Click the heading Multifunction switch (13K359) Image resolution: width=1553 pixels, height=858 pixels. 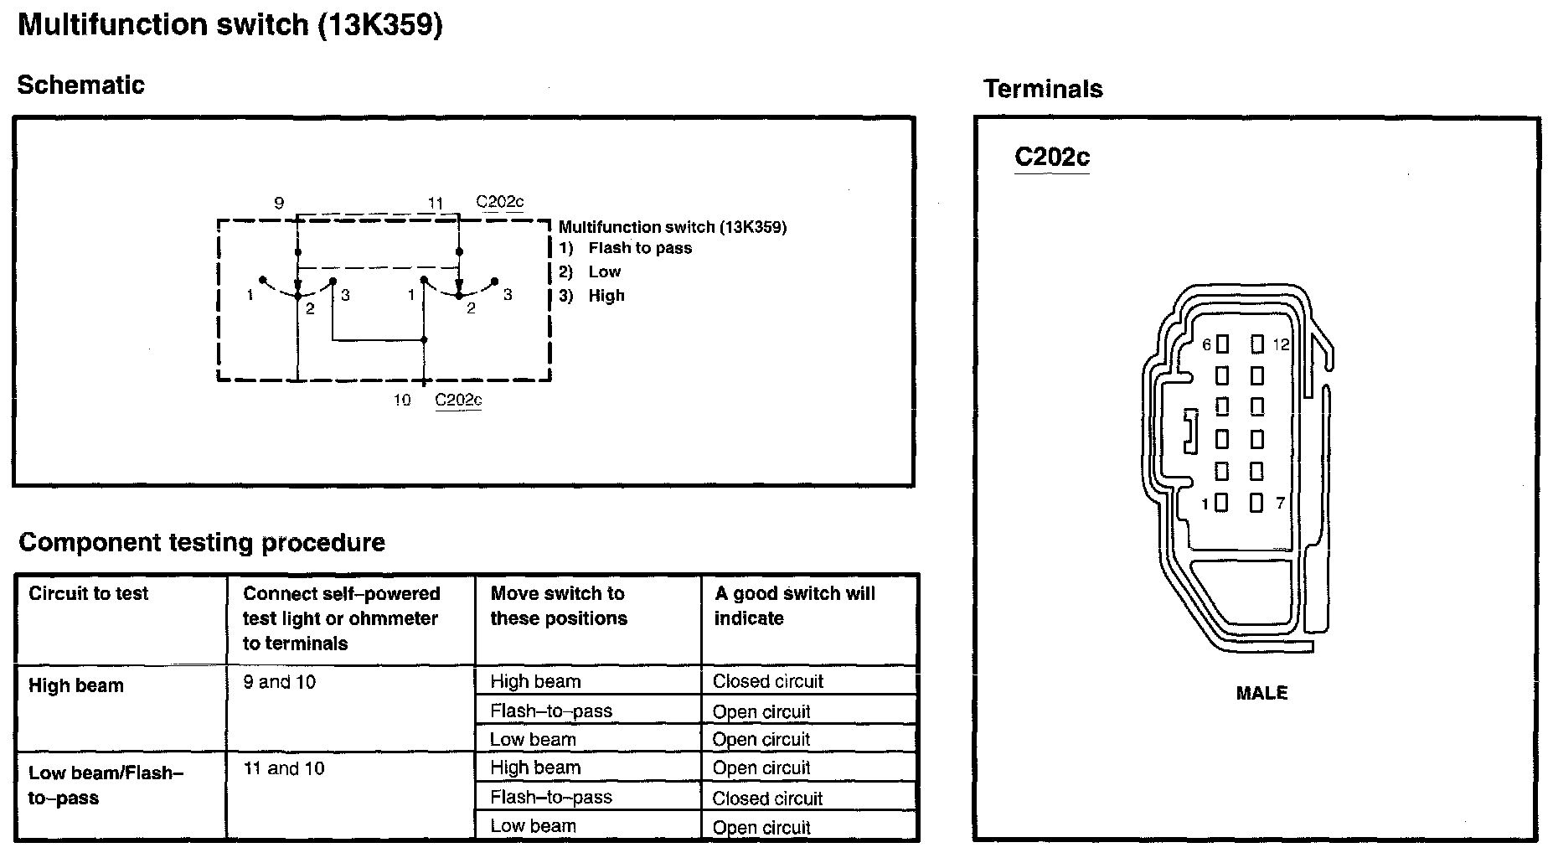tap(230, 25)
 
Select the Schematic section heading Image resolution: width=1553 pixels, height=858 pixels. tap(80, 85)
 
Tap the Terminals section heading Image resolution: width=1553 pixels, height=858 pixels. tap(1043, 89)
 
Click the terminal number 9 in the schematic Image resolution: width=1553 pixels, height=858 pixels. tap(279, 203)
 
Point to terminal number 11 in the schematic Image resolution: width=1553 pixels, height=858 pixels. tap(435, 203)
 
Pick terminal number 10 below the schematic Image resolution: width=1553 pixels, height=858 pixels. tap(402, 400)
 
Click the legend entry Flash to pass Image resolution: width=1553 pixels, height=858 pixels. tap(640, 248)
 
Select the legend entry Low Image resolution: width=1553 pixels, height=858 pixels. tap(604, 271)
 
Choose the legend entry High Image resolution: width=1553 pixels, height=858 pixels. tap(606, 296)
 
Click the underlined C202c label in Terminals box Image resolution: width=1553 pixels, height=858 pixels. tap(1051, 158)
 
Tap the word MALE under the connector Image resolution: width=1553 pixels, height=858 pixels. tap(1261, 693)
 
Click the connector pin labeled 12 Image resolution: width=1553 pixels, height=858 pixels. tap(1256, 344)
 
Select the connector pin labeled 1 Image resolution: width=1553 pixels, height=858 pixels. tap(1221, 503)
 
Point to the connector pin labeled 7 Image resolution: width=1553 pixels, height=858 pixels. tap(1256, 503)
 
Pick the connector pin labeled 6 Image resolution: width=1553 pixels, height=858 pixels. tap(1222, 344)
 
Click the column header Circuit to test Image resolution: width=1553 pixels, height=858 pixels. tap(88, 594)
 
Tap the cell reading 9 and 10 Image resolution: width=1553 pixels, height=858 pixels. tap(280, 682)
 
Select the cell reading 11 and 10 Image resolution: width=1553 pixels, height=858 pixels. tap(284, 768)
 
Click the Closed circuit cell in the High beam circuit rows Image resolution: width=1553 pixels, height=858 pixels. tap(768, 681)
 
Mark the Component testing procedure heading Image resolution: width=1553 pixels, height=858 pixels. tap(202, 542)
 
